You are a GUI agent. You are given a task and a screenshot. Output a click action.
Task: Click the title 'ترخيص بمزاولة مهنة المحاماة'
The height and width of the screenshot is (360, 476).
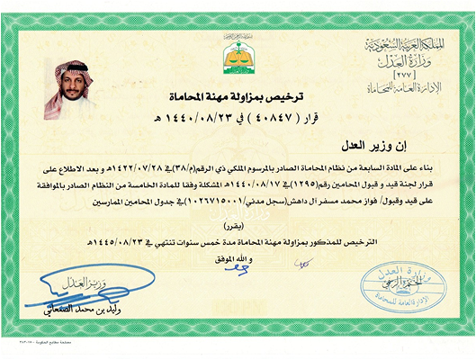(238, 94)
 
